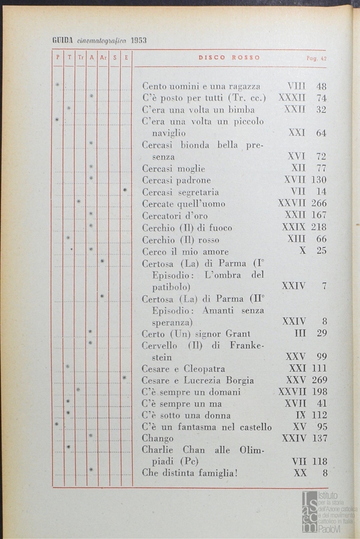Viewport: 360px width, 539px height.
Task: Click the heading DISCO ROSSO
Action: (x=229, y=58)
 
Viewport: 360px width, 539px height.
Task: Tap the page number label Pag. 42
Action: (x=317, y=58)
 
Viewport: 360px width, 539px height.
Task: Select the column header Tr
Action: (x=80, y=58)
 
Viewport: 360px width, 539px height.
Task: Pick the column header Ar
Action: (x=103, y=58)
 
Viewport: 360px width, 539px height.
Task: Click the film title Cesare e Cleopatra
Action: (x=183, y=369)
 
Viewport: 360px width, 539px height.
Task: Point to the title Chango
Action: (x=158, y=439)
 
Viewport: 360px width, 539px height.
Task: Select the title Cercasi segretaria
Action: (x=180, y=192)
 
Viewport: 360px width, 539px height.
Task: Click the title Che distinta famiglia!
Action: (x=189, y=473)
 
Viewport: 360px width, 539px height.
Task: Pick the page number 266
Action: (x=319, y=204)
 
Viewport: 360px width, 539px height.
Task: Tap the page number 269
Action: (x=319, y=380)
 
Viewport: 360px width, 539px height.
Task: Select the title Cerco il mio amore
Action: (x=185, y=251)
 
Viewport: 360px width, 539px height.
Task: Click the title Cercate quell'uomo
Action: (x=183, y=204)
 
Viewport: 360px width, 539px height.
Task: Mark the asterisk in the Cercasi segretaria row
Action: (x=125, y=190)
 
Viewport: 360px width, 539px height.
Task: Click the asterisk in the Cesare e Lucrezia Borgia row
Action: (x=124, y=378)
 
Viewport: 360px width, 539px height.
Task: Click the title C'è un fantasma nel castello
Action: (x=207, y=427)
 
